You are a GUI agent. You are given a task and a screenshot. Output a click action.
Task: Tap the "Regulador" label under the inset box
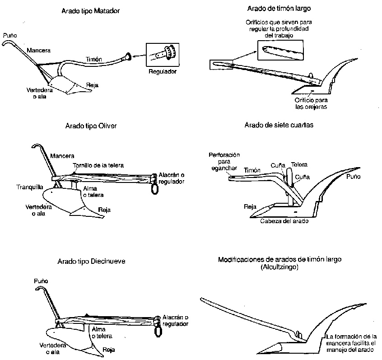click(162, 72)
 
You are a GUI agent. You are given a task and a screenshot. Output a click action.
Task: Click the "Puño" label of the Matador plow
click(9, 35)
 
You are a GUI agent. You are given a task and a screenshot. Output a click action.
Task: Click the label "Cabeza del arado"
click(284, 221)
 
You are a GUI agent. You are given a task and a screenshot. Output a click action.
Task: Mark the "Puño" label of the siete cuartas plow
click(354, 177)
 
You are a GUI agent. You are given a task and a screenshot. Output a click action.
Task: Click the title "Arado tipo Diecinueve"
click(92, 261)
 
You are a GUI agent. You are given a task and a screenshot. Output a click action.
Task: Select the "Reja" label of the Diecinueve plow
click(108, 349)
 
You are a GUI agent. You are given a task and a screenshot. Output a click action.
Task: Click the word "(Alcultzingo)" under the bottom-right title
click(280, 267)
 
